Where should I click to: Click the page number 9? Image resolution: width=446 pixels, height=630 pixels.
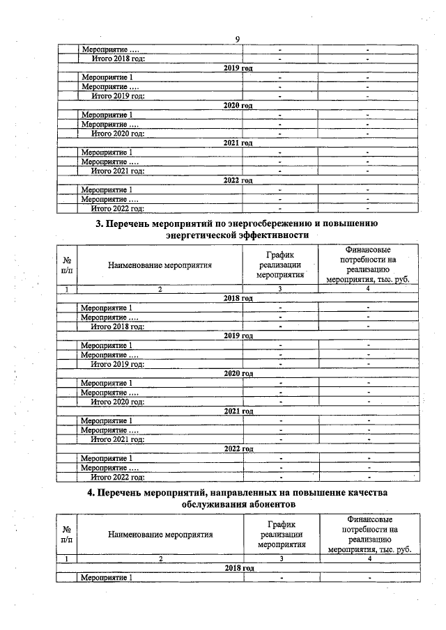[237, 40]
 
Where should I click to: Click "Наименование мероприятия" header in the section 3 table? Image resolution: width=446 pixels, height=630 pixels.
[160, 265]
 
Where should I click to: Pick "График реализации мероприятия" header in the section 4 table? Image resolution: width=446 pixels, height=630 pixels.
[282, 534]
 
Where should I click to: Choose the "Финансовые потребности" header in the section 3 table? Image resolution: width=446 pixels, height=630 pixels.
[367, 265]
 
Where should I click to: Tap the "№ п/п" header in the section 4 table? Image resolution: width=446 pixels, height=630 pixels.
[67, 534]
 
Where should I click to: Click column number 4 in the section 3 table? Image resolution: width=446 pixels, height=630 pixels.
[367, 288]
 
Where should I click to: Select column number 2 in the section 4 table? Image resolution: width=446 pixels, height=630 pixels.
[160, 558]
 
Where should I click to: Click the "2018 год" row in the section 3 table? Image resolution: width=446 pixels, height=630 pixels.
[238, 298]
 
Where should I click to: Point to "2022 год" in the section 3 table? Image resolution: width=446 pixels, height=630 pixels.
[238, 449]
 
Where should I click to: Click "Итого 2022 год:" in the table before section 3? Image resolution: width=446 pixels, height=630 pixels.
[118, 208]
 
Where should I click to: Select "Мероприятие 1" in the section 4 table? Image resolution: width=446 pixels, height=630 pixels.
[107, 578]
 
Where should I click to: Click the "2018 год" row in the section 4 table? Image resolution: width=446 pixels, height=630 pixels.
[238, 568]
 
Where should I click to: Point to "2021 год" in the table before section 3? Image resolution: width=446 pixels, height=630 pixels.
[238, 143]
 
